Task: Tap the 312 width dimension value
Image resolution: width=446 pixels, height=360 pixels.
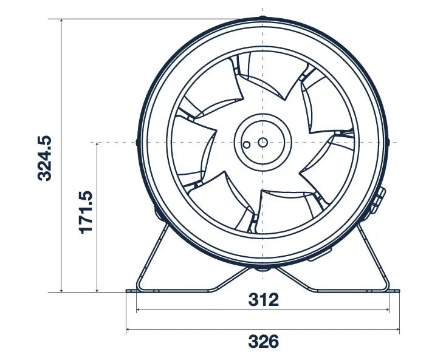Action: click(x=263, y=299)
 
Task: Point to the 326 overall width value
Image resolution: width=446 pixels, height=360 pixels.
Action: click(x=263, y=341)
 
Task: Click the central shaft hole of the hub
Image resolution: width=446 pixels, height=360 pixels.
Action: click(x=262, y=142)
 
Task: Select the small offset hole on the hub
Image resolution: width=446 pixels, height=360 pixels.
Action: click(x=247, y=145)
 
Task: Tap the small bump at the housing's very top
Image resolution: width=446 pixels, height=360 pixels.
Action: click(x=262, y=18)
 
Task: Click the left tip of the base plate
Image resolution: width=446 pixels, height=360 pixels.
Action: click(x=128, y=291)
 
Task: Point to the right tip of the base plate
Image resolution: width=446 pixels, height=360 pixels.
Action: click(x=398, y=291)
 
